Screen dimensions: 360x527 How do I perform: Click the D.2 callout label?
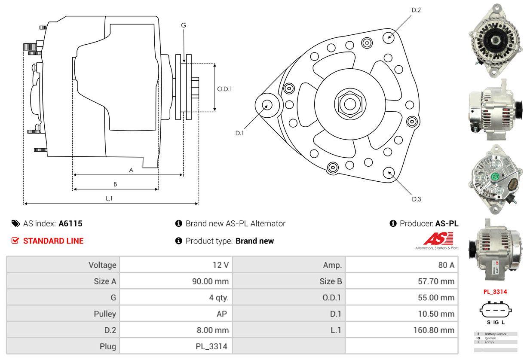coord(416,10)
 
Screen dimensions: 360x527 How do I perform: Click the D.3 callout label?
coord(416,199)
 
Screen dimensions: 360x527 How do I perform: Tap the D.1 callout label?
coord(239,133)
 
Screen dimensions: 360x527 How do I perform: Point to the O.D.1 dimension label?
coord(224,89)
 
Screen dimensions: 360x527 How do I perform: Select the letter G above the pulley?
coord(184,25)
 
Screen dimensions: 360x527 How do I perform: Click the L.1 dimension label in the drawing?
coord(109,198)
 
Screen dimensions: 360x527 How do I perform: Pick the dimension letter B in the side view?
coord(115,184)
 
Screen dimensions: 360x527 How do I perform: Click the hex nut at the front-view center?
coord(347,103)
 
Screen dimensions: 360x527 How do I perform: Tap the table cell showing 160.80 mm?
coord(434,330)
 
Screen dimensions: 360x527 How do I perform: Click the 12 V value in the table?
coord(221,265)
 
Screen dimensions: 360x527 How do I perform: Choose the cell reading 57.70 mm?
coord(436,281)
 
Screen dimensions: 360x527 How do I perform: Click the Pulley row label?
coord(105,314)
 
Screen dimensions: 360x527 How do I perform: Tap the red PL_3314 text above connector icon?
coord(495,292)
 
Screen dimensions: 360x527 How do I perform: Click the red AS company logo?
coord(438,239)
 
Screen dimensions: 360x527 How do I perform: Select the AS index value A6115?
coord(70,223)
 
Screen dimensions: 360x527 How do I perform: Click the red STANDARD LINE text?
coord(53,241)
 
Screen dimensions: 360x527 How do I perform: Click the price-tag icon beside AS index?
coord(15,223)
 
